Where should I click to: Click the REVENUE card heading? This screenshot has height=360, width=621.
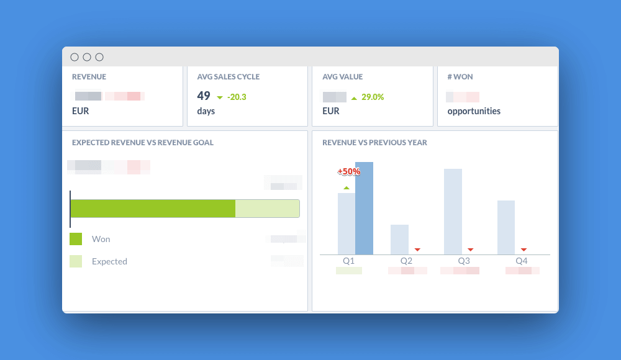pos(89,77)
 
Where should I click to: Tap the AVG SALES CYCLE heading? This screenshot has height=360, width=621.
pos(228,77)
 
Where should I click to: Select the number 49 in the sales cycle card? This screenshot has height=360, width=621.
pos(204,96)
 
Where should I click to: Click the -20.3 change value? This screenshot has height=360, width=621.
pos(237,97)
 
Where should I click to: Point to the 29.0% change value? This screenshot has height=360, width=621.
pos(373,97)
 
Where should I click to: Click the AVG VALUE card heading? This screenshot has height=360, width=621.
pos(342,77)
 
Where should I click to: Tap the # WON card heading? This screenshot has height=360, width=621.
pos(460,77)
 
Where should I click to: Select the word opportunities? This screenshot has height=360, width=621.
pos(474,111)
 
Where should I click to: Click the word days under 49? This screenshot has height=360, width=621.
pos(206,111)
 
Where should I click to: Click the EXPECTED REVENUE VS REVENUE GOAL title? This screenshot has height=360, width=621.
pos(143,143)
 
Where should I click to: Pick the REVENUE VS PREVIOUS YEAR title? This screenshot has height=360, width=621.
pos(374,143)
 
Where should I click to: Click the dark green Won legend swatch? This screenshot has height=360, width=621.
pos(76,239)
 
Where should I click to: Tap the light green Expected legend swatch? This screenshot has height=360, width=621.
pos(76,261)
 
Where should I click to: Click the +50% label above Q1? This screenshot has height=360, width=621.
pos(348,171)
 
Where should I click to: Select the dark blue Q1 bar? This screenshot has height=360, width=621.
pos(364,208)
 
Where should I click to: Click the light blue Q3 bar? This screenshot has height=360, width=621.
pos(453,211)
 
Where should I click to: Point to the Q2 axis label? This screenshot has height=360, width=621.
pos(406,261)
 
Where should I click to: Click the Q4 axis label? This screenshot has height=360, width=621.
pos(522,261)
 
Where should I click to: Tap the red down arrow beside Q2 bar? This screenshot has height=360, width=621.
pos(417,250)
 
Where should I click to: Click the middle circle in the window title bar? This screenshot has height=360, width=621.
pos(87,57)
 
